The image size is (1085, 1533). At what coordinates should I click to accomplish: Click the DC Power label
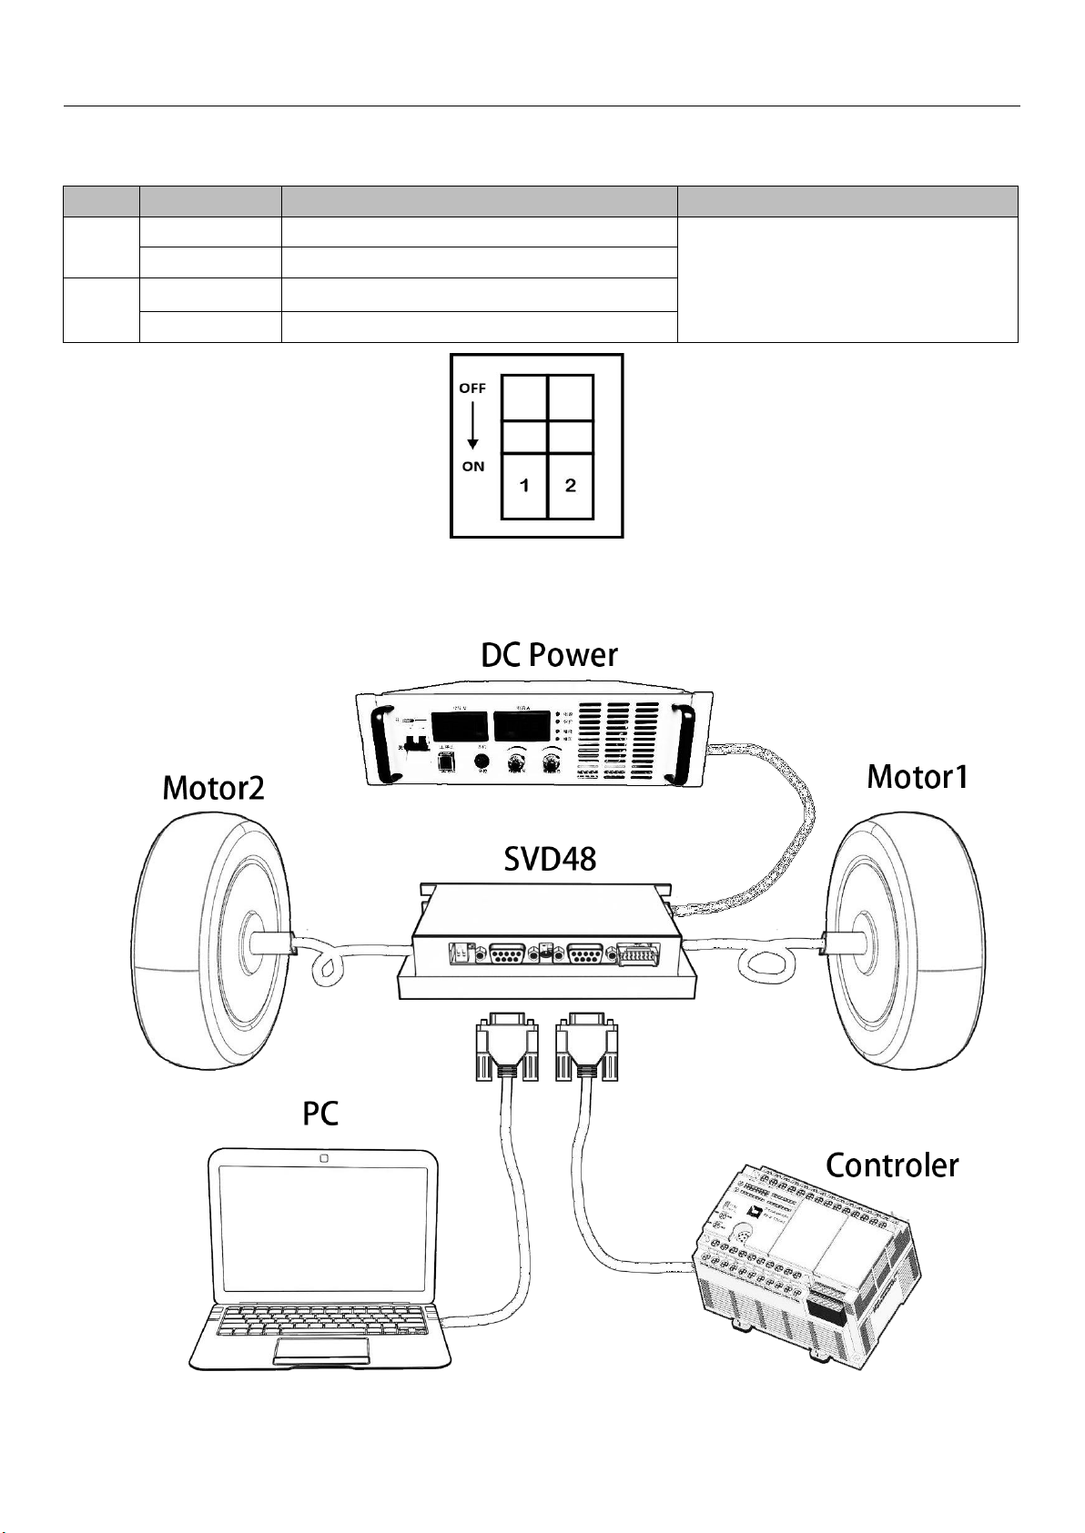(x=549, y=656)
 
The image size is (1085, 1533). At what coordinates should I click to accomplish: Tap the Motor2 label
(x=213, y=788)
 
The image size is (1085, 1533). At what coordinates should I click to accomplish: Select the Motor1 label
(x=918, y=777)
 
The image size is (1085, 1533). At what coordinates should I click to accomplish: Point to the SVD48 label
(x=550, y=858)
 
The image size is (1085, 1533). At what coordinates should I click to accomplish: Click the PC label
(x=320, y=1114)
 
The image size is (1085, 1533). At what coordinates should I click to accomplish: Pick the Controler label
(x=891, y=1165)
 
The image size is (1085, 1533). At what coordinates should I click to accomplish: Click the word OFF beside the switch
(x=472, y=388)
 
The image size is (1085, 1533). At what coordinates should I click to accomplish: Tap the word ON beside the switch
(x=473, y=467)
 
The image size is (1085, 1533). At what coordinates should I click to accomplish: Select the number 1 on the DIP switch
(x=524, y=486)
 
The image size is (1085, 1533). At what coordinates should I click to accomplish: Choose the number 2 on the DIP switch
(x=571, y=486)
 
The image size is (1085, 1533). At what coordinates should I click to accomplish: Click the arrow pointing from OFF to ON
(x=472, y=427)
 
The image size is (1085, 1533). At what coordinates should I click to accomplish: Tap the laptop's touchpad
(x=320, y=1350)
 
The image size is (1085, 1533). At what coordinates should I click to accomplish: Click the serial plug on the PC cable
(x=506, y=1048)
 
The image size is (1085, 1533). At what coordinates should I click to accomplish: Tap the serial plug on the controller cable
(x=586, y=1048)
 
